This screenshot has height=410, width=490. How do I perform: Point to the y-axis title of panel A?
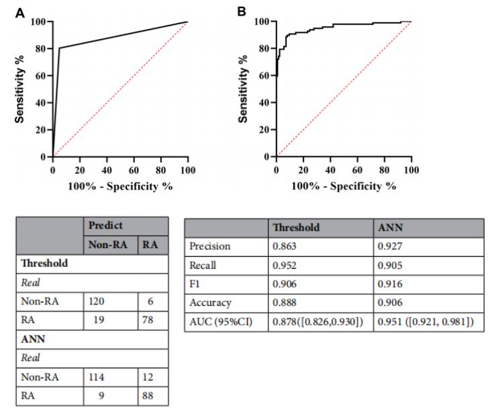[21, 89]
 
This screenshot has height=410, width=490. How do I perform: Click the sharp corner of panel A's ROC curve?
[59, 48]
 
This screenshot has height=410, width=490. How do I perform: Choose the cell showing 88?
[148, 396]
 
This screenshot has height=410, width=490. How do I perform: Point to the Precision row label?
[211, 246]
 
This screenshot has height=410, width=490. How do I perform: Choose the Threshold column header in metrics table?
[297, 227]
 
